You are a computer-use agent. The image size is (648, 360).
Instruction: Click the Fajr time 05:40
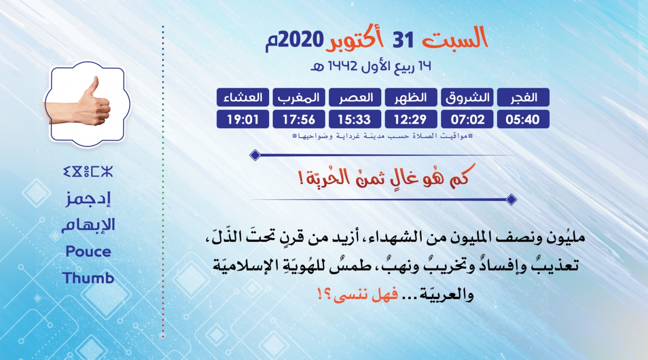click(523, 119)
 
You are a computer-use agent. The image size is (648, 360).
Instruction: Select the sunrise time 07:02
click(467, 119)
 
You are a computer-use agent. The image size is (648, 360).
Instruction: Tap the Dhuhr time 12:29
click(411, 119)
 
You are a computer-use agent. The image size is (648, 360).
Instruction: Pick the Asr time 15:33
click(355, 119)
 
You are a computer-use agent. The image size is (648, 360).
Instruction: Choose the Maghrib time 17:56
click(299, 119)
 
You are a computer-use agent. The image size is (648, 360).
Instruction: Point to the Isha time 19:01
click(243, 119)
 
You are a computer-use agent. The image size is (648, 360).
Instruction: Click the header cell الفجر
click(523, 97)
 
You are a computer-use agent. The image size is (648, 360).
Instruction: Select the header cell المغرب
click(299, 97)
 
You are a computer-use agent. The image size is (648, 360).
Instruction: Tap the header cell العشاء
click(243, 97)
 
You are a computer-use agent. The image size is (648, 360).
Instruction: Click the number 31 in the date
click(403, 40)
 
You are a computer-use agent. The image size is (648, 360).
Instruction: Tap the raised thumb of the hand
click(93, 87)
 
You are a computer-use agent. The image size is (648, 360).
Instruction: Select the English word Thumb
click(88, 278)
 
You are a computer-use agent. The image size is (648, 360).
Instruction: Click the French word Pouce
click(89, 252)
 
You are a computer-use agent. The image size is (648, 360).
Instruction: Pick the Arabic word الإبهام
click(88, 225)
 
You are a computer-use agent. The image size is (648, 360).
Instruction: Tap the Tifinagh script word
click(88, 172)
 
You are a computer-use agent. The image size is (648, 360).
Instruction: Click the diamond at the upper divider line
click(255, 155)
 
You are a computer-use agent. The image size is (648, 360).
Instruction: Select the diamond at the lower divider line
click(511, 199)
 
